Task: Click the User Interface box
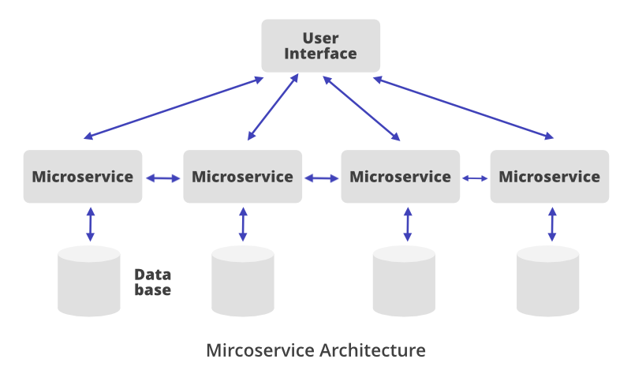pyautogui.click(x=320, y=45)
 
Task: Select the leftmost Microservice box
pyautogui.click(x=83, y=176)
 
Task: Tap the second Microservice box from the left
pyautogui.click(x=242, y=176)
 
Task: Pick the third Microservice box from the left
pyautogui.click(x=400, y=176)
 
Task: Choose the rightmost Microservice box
pyautogui.click(x=550, y=176)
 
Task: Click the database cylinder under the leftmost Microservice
pyautogui.click(x=89, y=280)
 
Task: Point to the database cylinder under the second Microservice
pyautogui.click(x=243, y=280)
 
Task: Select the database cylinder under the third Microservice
pyautogui.click(x=404, y=280)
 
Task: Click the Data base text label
pyautogui.click(x=152, y=282)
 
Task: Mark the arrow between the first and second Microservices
pyautogui.click(x=163, y=178)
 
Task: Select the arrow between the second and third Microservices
pyautogui.click(x=321, y=178)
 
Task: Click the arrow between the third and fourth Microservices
pyautogui.click(x=475, y=178)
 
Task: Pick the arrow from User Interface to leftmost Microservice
pyautogui.click(x=174, y=107)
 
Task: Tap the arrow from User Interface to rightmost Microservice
pyautogui.click(x=464, y=107)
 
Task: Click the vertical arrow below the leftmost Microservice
pyautogui.click(x=90, y=224)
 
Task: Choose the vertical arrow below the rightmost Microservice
pyautogui.click(x=551, y=224)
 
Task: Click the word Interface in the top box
pyautogui.click(x=320, y=54)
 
